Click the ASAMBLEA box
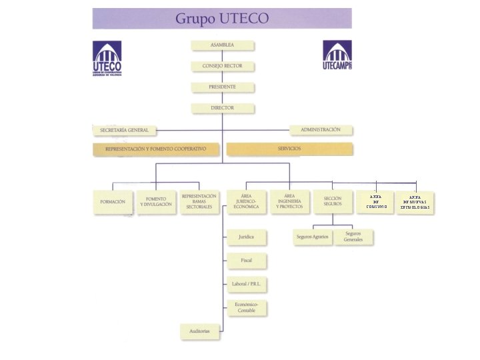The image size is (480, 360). coord(222,45)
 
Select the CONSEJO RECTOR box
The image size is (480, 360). coord(222,67)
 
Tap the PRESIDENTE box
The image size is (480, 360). coord(222,87)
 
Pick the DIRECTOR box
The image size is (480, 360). coord(222,107)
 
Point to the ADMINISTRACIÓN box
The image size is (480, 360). coord(321,129)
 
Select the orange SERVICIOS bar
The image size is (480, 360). coord(289,149)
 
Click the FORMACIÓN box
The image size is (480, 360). coord(113,202)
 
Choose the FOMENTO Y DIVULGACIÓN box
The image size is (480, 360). coord(156,202)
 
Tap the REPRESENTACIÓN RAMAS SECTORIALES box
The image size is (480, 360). coord(199,202)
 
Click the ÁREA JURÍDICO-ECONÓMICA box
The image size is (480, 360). coord(245,202)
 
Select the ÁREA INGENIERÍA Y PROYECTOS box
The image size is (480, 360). coord(289,202)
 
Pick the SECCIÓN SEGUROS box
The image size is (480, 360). coord(333,202)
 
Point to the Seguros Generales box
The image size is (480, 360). coord(353,237)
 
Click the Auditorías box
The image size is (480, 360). coord(199,331)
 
